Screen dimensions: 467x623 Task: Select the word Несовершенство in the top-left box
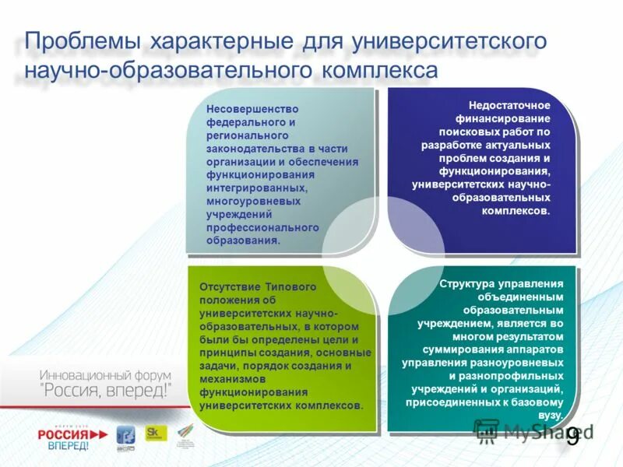[x=252, y=110]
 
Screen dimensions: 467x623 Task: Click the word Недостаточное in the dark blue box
[x=509, y=104]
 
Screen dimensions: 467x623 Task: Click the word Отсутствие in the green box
[x=227, y=286]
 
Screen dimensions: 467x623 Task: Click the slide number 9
[x=572, y=436]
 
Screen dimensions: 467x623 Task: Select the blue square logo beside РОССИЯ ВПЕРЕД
[x=125, y=435]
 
